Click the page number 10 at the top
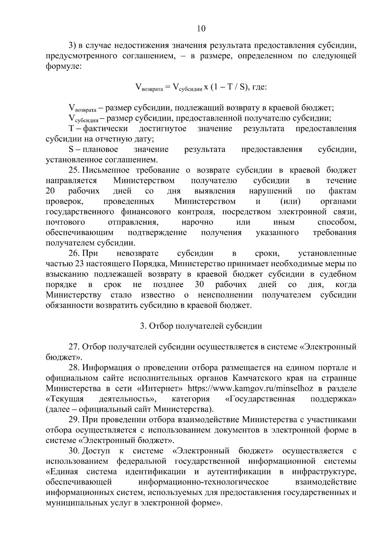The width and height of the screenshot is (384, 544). pyautogui.click(x=201, y=29)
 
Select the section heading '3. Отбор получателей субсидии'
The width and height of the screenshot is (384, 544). pyautogui.click(x=201, y=326)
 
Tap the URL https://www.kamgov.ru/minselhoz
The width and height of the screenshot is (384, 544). pyautogui.click(x=250, y=389)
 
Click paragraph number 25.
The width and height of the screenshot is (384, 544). pyautogui.click(x=74, y=170)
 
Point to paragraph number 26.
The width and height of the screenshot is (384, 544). pyautogui.click(x=74, y=254)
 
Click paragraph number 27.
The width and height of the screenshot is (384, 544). pyautogui.click(x=74, y=347)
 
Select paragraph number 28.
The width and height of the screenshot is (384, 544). pyautogui.click(x=74, y=368)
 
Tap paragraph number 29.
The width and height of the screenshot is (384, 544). pyautogui.click(x=74, y=420)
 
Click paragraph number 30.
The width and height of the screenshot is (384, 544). pyautogui.click(x=74, y=451)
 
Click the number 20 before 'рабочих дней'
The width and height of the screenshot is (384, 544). pyautogui.click(x=50, y=191)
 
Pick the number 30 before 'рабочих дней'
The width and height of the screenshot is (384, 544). pyautogui.click(x=199, y=285)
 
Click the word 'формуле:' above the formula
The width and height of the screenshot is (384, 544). pyautogui.click(x=64, y=67)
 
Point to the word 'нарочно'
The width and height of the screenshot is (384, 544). pyautogui.click(x=197, y=222)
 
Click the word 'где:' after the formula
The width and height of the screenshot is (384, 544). pyautogui.click(x=260, y=87)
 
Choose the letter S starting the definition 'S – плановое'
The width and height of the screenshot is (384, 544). pyautogui.click(x=71, y=150)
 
